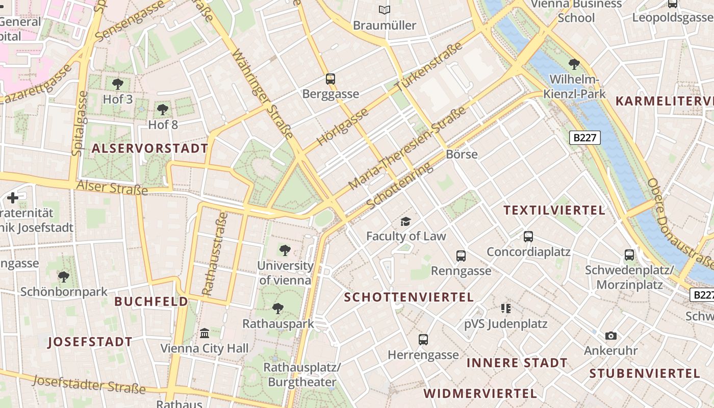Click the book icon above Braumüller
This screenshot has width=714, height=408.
click(385, 10)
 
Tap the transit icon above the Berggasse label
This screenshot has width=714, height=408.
click(330, 79)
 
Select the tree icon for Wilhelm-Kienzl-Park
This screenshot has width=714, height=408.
click(574, 64)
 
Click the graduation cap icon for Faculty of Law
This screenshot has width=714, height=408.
click(405, 221)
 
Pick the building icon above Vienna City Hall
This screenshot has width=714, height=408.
click(205, 333)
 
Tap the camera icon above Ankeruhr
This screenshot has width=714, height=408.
click(610, 336)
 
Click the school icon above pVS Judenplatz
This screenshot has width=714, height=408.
click(505, 308)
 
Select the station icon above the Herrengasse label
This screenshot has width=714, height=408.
click(423, 339)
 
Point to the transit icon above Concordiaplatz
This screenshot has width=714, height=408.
click(528, 237)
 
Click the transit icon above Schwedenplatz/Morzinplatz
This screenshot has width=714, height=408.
click(629, 254)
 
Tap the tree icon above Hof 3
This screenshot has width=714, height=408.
click(118, 84)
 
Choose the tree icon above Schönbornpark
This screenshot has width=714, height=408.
click(64, 277)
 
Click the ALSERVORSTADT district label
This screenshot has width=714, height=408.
click(150, 148)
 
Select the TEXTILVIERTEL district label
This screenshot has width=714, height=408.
click(554, 210)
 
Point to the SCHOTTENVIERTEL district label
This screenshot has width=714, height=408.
click(409, 297)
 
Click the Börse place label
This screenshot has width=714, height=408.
click(462, 154)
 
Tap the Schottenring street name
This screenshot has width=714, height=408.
click(399, 186)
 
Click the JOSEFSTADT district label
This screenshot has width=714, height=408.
click(90, 342)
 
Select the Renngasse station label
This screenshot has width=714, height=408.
click(461, 270)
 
